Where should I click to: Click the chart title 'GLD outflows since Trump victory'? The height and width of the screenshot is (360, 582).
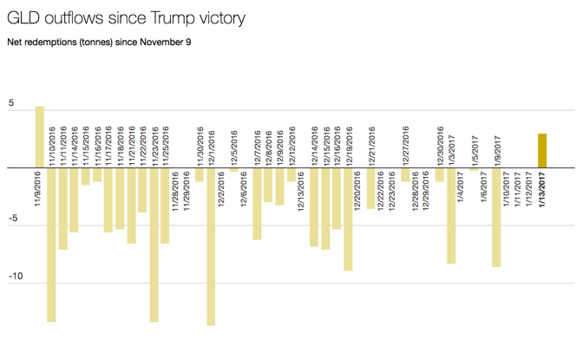click(x=125, y=17)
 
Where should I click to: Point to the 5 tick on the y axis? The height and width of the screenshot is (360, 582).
click(x=10, y=103)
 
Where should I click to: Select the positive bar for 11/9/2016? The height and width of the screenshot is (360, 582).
click(x=40, y=137)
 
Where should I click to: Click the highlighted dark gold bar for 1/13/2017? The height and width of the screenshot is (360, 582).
click(x=542, y=151)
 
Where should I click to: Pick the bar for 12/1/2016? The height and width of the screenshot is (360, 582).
click(x=211, y=246)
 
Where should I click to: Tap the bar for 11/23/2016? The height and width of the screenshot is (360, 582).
click(x=154, y=245)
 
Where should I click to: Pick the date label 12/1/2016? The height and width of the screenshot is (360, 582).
click(x=211, y=147)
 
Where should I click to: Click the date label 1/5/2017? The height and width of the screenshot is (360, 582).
click(x=474, y=149)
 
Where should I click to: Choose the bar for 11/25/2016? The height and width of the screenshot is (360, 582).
click(x=165, y=206)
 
